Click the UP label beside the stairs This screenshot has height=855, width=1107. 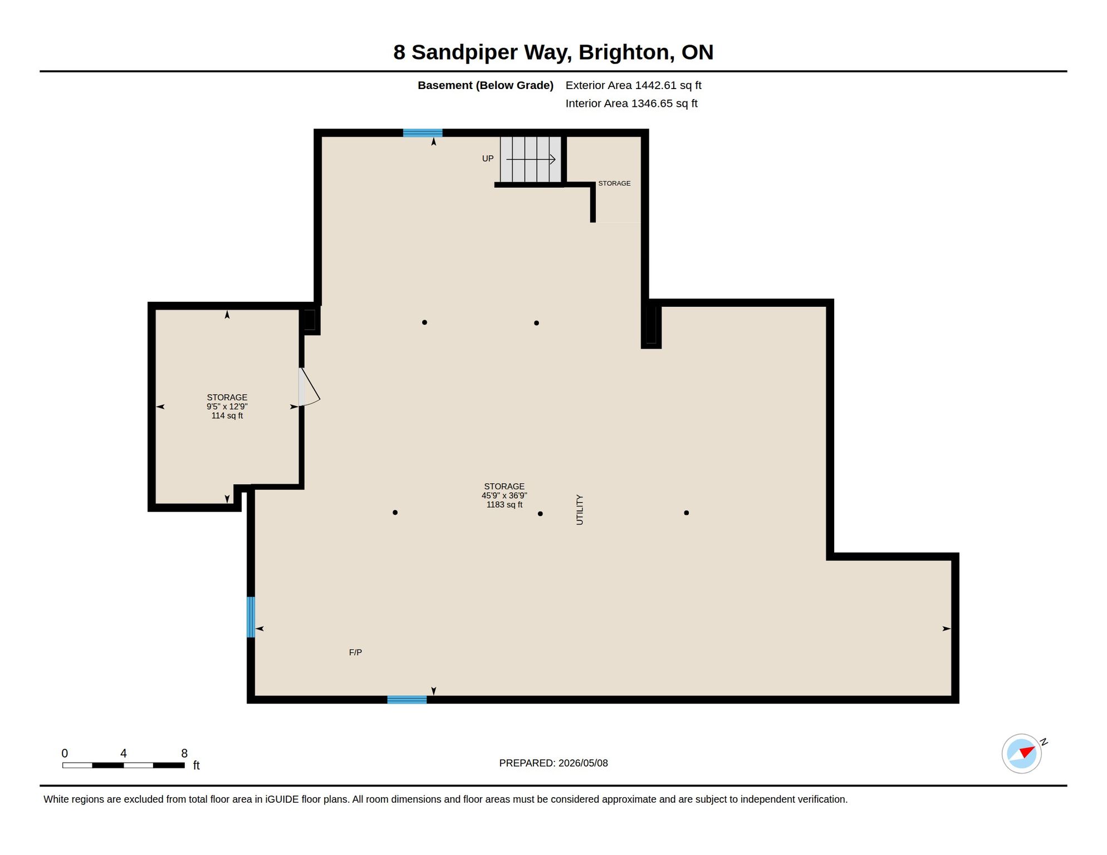coord(488,159)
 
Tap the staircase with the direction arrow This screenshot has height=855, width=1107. coord(531,159)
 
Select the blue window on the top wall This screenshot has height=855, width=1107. coord(423,133)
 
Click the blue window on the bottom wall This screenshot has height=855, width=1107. coord(407,700)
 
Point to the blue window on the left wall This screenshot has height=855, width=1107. coord(251,617)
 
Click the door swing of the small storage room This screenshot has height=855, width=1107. coord(309,387)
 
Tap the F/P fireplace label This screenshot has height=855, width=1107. coord(355,652)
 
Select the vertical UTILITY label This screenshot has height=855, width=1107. coord(580,509)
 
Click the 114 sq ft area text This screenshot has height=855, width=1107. coord(227,416)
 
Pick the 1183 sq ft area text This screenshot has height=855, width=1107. coord(504,505)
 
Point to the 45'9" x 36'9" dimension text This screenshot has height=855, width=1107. coord(504,495)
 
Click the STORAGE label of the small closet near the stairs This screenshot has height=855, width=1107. coord(614,183)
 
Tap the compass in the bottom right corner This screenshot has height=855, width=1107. coord(1022,754)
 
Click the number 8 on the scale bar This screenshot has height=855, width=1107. coord(184,753)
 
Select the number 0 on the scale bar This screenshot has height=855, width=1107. coord(65,753)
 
